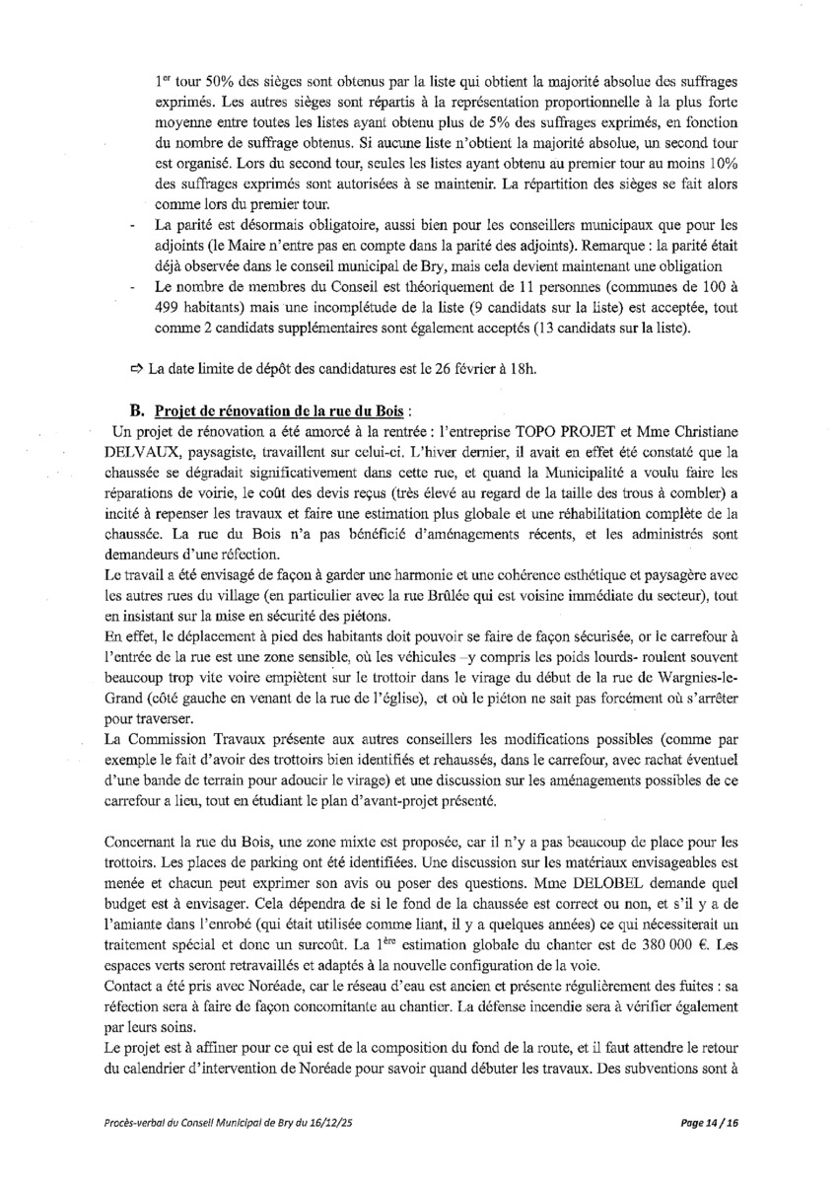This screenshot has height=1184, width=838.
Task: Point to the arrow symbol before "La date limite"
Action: [x=136, y=369]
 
